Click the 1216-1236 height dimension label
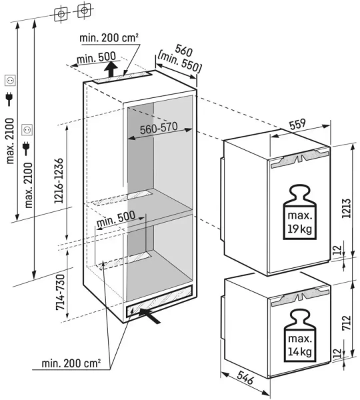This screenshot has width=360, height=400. pyautogui.click(x=59, y=181)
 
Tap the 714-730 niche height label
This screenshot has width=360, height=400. pyautogui.click(x=61, y=293)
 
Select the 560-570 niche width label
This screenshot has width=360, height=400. pyautogui.click(x=159, y=128)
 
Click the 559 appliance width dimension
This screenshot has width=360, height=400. pyautogui.click(x=297, y=124)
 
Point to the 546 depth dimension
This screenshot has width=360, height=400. pyautogui.click(x=245, y=377)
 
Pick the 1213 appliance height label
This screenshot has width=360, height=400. pyautogui.click(x=346, y=208)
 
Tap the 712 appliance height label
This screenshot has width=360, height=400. pyautogui.click(x=347, y=323)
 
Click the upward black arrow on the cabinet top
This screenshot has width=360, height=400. pyautogui.click(x=111, y=69)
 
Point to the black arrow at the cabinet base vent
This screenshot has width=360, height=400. pyautogui.click(x=150, y=316)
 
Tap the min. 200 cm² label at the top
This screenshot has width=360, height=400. pyautogui.click(x=109, y=38)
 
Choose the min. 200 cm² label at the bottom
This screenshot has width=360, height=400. pyautogui.click(x=71, y=363)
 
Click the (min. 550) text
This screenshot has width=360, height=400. pyautogui.click(x=179, y=62)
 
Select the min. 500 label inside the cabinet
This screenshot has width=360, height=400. pyautogui.click(x=115, y=219)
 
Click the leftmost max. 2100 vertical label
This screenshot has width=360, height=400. pyautogui.click(x=10, y=141)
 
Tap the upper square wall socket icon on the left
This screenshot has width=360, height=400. pyautogui.click(x=11, y=81)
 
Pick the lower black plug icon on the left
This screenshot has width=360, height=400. pyautogui.click(x=26, y=149)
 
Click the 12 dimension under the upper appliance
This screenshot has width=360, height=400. pyautogui.click(x=337, y=250)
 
